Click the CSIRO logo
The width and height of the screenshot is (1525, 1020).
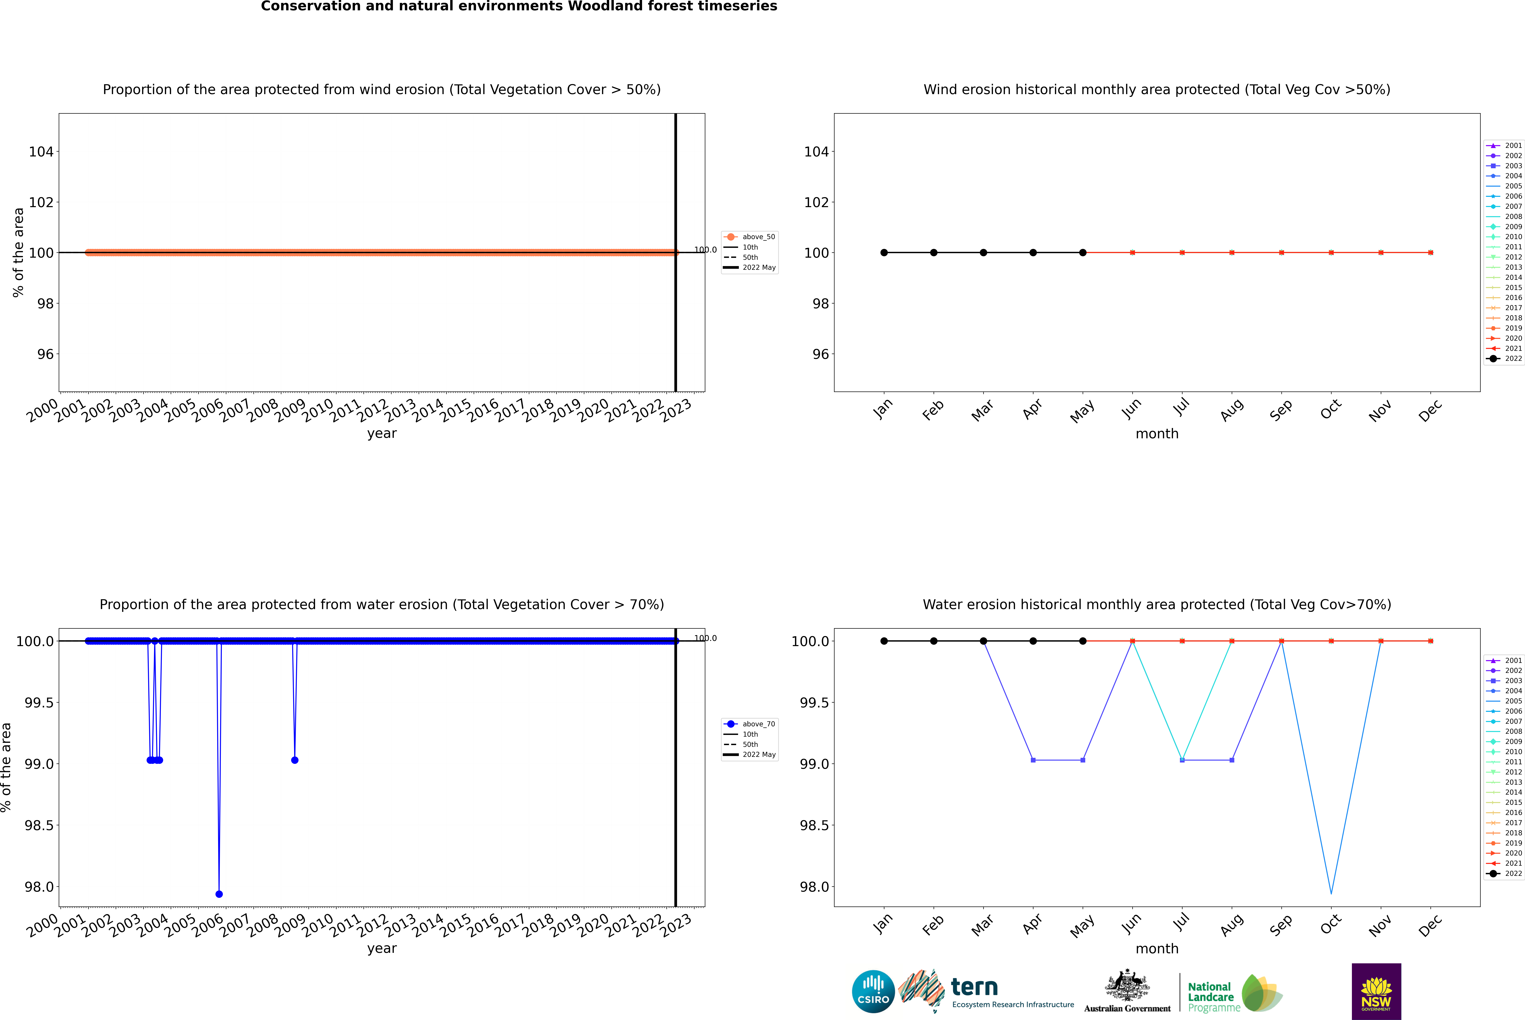(873, 991)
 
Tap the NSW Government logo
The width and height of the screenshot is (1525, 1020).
(1376, 991)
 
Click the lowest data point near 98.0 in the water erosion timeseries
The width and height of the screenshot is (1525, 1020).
(219, 894)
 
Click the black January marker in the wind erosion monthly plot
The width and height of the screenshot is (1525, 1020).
(884, 252)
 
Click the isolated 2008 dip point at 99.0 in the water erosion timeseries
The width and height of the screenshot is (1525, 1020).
(294, 760)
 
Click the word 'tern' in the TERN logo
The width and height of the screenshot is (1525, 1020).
(974, 987)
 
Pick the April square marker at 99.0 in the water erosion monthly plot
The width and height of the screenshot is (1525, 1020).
(1033, 760)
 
